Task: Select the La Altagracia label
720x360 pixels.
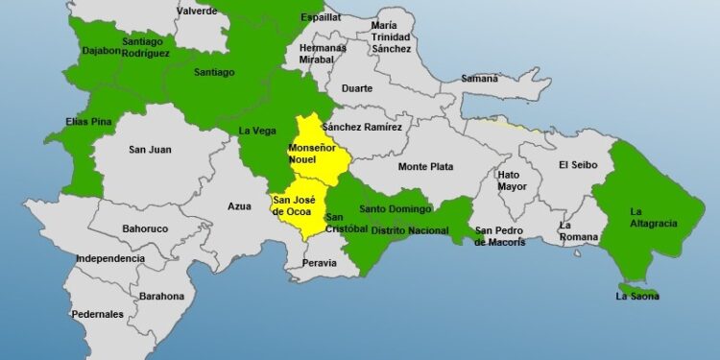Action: point(654,217)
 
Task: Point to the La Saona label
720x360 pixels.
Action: point(637,297)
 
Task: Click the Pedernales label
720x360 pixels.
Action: point(97,314)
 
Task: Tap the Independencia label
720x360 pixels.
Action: point(110,258)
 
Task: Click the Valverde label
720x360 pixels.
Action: point(197,11)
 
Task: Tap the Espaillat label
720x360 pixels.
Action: point(321,16)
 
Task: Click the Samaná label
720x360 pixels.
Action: point(480,78)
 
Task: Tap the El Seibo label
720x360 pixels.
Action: point(578,164)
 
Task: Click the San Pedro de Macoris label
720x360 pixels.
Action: point(500,236)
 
